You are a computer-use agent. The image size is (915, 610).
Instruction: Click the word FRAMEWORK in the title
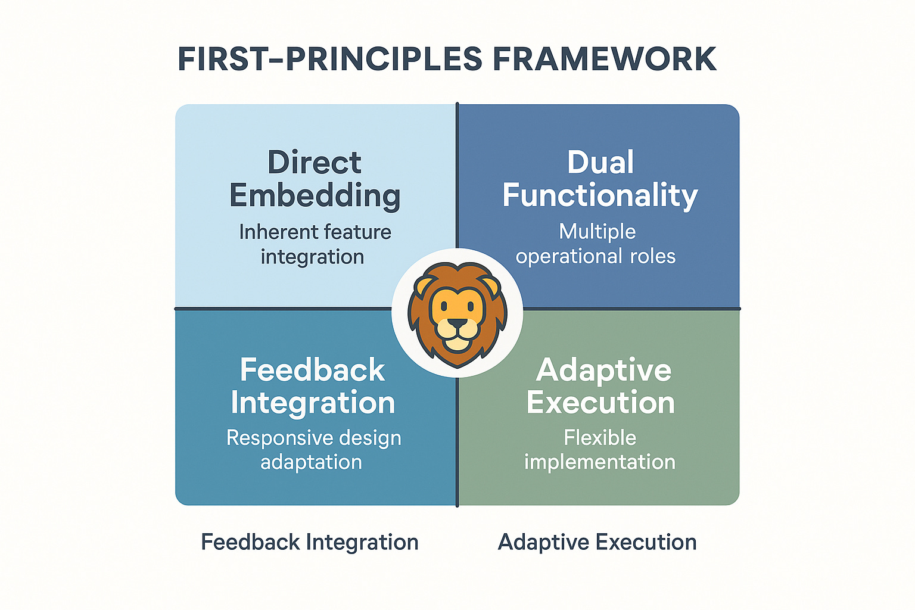(604, 59)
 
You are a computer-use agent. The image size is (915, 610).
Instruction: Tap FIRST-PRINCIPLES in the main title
(330, 59)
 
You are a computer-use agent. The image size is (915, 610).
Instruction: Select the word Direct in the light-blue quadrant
(315, 162)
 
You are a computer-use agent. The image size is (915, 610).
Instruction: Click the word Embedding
(315, 195)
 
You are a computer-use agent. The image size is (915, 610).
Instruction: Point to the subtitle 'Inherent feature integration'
(315, 244)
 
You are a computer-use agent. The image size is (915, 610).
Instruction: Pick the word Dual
(600, 162)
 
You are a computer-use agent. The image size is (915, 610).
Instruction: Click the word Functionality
(600, 195)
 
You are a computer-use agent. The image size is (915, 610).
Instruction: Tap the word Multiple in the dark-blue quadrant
(597, 231)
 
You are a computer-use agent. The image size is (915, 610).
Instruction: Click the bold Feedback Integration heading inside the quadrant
(313, 386)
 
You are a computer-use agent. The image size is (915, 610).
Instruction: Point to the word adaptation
(311, 462)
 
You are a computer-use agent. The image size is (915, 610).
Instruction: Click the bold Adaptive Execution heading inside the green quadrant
(601, 386)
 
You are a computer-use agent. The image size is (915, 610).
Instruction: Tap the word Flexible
(600, 438)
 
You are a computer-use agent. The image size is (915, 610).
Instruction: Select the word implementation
(600, 462)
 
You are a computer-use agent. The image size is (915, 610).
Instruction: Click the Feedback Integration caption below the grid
(310, 542)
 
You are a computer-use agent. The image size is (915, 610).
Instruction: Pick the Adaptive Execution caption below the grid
(597, 542)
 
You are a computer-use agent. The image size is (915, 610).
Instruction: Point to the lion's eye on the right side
(471, 307)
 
